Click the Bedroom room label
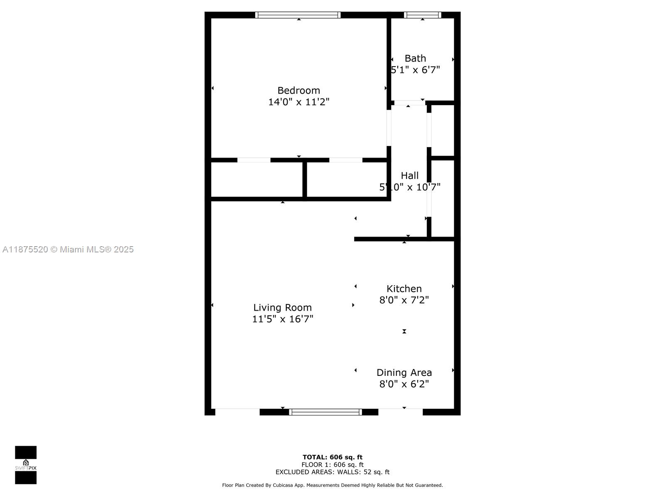coord(298,90)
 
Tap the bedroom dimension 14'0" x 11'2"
coord(298,102)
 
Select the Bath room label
coord(415,58)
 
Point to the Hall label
coord(409,175)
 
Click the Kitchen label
coord(404,289)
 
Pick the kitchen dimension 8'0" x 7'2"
coord(404,300)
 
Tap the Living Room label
coord(282,307)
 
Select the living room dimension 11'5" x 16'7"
coord(282,319)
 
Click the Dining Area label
coord(404,373)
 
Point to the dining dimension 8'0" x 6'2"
coord(404,384)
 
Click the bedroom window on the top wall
coord(298,15)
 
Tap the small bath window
coord(422,15)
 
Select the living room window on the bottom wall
coord(325,412)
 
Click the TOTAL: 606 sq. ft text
coord(332,457)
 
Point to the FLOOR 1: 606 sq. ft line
coord(332,464)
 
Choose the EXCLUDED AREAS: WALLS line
coord(332,472)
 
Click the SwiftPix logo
coord(26,465)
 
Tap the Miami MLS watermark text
coord(68,249)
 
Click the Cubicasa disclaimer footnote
coord(332,485)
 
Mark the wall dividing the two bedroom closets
coord(305,180)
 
